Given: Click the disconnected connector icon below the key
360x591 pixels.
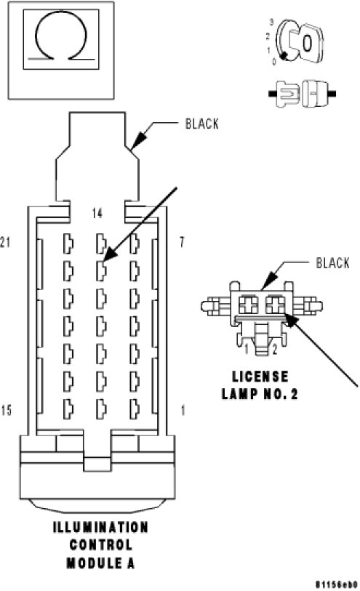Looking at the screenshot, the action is (302, 94).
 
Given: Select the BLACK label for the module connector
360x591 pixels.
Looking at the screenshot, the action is (202, 124).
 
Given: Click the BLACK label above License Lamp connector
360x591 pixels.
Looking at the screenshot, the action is (332, 262).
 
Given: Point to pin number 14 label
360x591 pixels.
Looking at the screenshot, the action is (97, 213).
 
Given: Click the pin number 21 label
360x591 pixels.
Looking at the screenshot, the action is (5, 242).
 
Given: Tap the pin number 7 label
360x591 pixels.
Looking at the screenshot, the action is (182, 242).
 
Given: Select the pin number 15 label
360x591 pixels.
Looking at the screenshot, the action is (6, 410).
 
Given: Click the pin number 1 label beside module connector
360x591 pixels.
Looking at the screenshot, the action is (183, 410).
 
